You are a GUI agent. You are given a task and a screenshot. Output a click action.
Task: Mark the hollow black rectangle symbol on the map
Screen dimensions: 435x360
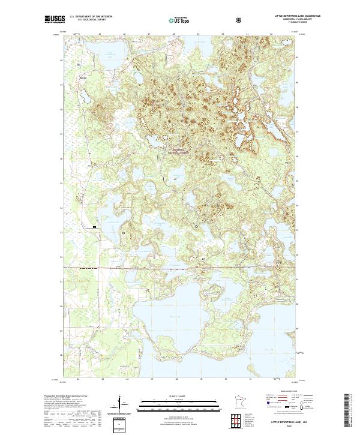click(x=95, y=227)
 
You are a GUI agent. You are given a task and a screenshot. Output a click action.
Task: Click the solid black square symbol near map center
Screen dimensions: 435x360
click(x=196, y=226)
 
